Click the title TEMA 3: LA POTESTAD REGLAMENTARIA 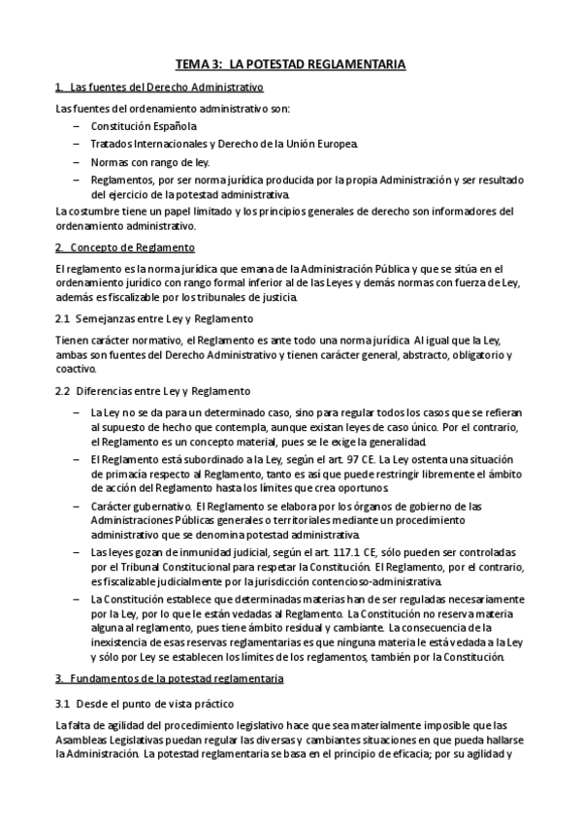click(290, 64)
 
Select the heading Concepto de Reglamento click(126, 247)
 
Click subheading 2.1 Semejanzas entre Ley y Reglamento click(155, 318)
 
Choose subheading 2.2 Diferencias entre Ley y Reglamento click(153, 390)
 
